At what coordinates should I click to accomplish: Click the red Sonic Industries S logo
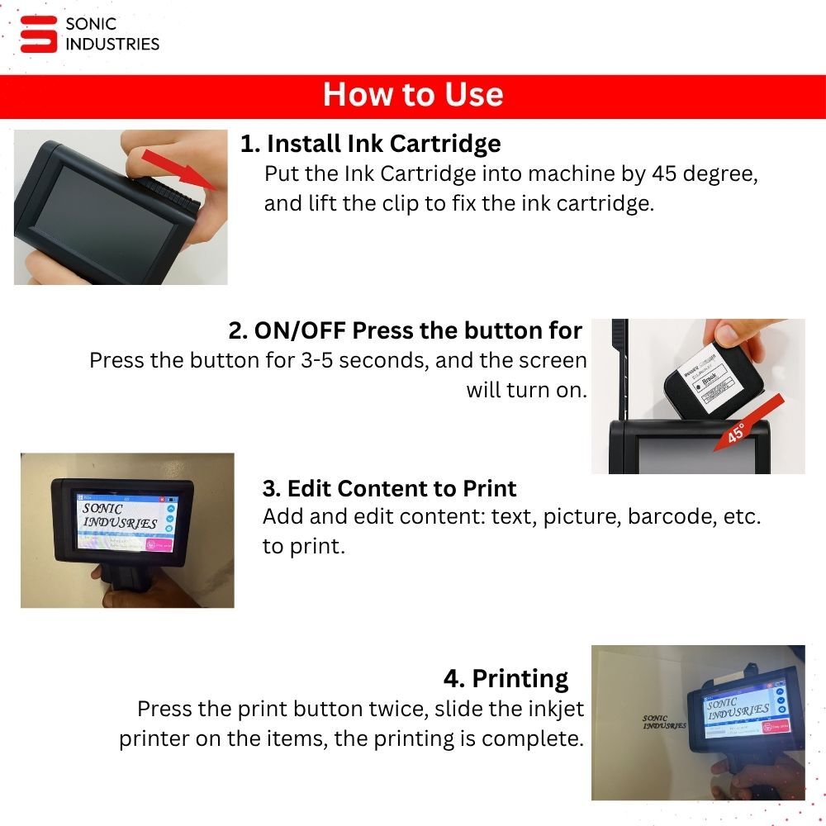38,34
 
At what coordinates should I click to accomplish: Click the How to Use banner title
413,95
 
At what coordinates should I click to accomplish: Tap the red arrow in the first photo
178,167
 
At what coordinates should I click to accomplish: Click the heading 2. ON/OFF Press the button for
406,330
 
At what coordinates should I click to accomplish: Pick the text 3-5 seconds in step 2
364,361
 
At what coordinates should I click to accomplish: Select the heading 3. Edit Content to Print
389,488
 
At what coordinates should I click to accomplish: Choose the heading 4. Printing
506,679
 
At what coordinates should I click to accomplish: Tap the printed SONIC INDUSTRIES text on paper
664,722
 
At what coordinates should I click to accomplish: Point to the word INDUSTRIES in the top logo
112,44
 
